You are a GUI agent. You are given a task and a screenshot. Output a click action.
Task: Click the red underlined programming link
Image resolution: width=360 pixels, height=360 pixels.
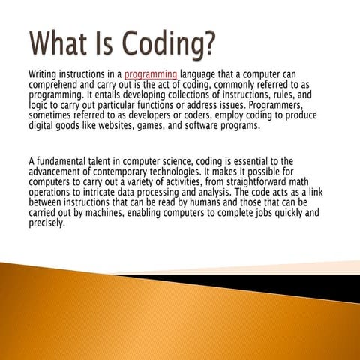click(151, 74)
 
